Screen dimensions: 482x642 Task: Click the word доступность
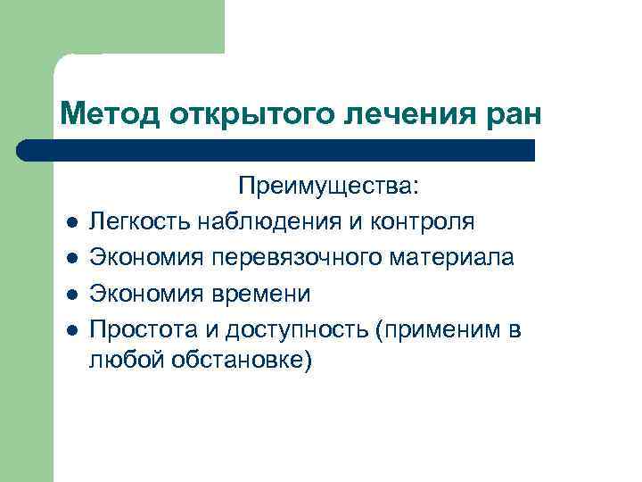(299, 329)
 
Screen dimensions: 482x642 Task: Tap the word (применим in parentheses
(440, 329)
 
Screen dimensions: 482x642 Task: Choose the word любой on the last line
(120, 361)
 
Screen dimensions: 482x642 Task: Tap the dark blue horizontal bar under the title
(285, 149)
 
